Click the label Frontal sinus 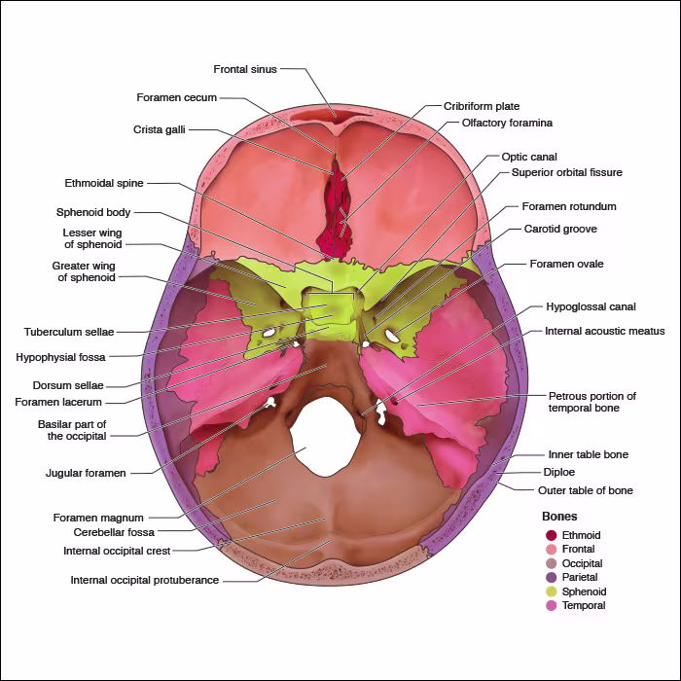tap(245, 69)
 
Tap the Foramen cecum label tap(176, 97)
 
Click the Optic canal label tap(529, 156)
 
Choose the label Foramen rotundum tap(569, 206)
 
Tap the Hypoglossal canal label tap(591, 306)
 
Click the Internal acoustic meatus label tap(604, 331)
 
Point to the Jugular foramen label tap(86, 473)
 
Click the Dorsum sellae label tap(68, 385)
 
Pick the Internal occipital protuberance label tap(144, 581)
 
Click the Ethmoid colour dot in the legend tap(551, 535)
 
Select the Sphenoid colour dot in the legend tap(551, 591)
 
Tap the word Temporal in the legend tap(584, 605)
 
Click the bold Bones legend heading tap(559, 517)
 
